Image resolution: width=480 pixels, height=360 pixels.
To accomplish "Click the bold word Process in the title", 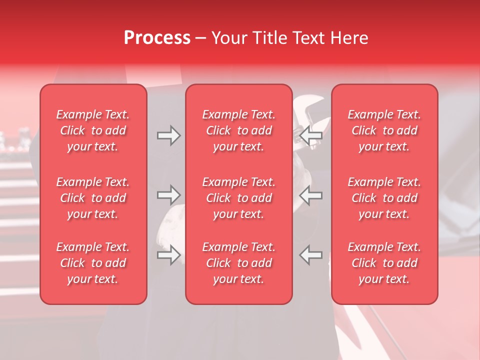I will point(157,38).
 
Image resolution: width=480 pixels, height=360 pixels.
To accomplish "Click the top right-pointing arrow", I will point(169,135).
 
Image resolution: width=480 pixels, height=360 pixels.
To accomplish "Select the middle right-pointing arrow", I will point(169,195).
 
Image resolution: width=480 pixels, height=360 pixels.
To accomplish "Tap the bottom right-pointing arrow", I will point(169,255).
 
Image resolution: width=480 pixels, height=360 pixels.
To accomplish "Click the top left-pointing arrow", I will point(310,135).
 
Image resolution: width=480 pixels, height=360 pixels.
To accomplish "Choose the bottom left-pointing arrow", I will point(310,255).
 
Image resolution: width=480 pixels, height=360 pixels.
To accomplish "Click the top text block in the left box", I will point(93,130).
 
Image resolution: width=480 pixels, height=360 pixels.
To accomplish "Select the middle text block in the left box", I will point(93,198).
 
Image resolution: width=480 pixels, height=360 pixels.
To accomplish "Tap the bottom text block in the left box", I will point(93,263).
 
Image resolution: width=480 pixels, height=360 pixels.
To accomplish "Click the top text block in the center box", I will point(238,130).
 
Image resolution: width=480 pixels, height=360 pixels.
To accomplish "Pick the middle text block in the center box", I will point(238,198).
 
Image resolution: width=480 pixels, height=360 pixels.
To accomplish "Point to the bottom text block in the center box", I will point(238,263).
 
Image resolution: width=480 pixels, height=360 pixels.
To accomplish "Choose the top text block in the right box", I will point(384,130).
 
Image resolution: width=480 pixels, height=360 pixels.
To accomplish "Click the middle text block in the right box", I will point(384,198).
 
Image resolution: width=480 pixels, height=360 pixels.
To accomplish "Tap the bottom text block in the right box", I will point(384,263).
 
